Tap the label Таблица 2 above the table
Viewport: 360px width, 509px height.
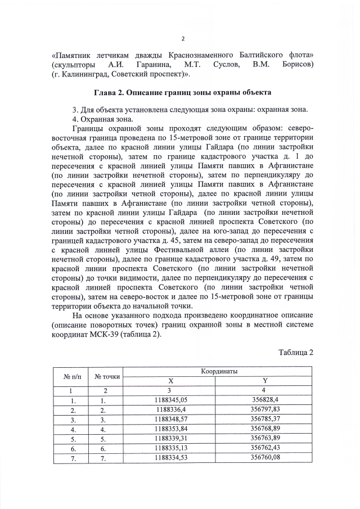coord(295,352)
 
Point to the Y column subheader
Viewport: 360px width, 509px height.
coord(265,381)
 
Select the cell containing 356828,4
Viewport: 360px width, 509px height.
coord(265,400)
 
